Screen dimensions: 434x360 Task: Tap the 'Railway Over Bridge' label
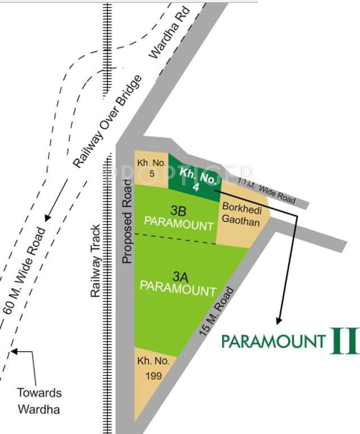pyautogui.click(x=109, y=120)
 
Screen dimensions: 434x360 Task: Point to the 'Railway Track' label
pyautogui.click(x=96, y=261)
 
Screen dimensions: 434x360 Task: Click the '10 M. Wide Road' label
pyautogui.click(x=267, y=192)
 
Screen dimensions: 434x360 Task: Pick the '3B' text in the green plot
pyautogui.click(x=179, y=210)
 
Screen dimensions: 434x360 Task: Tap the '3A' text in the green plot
pyautogui.click(x=179, y=277)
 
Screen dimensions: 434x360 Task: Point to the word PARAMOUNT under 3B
pyautogui.click(x=179, y=223)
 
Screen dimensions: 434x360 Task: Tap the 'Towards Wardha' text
pyautogui.click(x=39, y=400)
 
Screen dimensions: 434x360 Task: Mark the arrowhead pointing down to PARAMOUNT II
pyautogui.click(x=278, y=321)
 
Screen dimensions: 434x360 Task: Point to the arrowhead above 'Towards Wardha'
pyautogui.click(x=14, y=351)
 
